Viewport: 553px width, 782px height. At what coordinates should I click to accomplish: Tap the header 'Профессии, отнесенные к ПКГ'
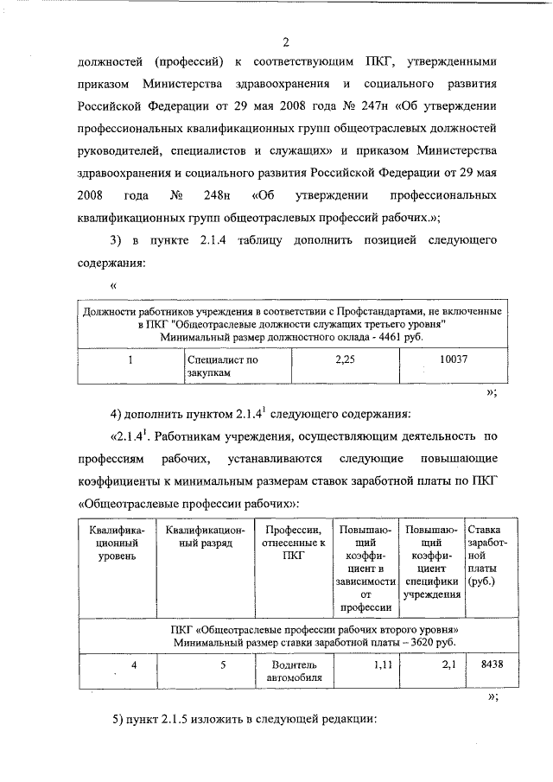click(295, 543)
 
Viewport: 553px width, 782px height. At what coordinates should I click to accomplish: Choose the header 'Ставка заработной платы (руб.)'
click(481, 556)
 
